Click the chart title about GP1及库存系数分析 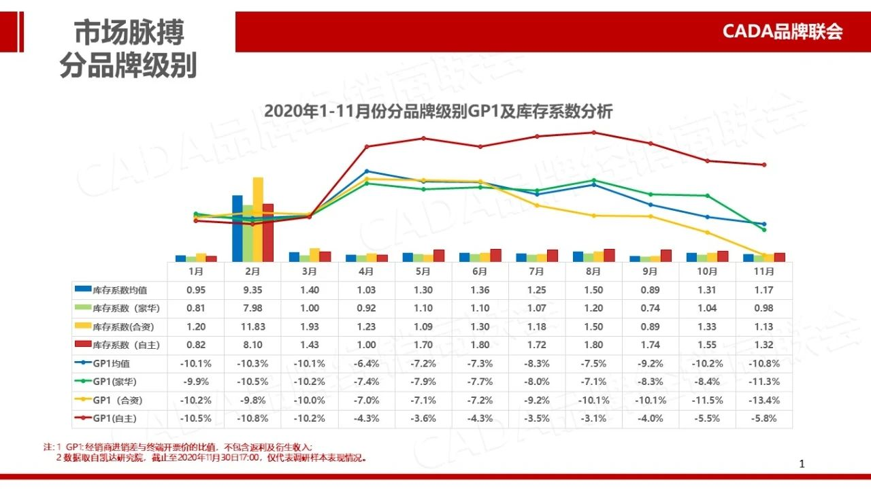(x=438, y=111)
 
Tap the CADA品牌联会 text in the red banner (x=782, y=31)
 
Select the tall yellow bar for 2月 (x=258, y=219)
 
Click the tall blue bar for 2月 (x=237, y=228)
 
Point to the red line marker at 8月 (x=593, y=133)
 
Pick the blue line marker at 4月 (x=367, y=171)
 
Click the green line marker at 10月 (x=708, y=196)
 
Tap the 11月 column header (x=764, y=271)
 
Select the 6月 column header (x=480, y=271)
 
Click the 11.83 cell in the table (x=252, y=326)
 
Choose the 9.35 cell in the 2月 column (x=252, y=290)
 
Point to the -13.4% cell (x=764, y=400)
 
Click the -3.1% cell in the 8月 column (x=593, y=418)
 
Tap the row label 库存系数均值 (x=117, y=290)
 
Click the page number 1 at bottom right (x=802, y=464)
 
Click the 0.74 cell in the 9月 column (x=651, y=308)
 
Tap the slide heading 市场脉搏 (x=129, y=32)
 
